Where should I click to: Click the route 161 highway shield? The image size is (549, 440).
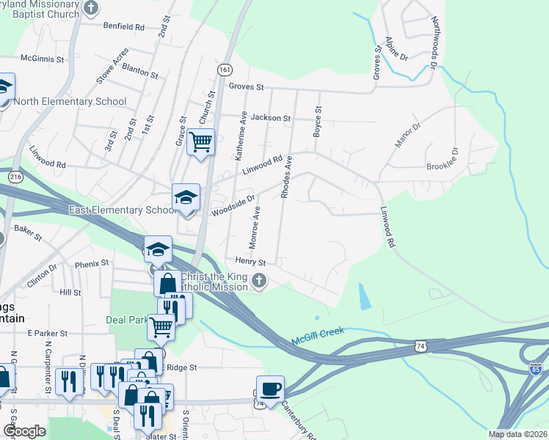(225, 68)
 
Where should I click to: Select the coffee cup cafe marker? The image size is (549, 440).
(269, 389)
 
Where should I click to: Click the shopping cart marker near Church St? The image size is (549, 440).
(200, 142)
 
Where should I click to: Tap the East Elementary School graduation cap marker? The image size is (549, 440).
(186, 198)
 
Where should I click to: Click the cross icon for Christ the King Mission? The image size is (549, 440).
(258, 281)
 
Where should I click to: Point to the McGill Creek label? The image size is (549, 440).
(317, 336)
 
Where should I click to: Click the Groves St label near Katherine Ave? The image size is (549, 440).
(246, 87)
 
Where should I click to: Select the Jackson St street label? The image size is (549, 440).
(271, 117)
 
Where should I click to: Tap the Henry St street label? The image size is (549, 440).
(250, 261)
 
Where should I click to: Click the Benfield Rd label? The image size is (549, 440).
(124, 26)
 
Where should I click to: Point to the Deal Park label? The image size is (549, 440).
(129, 320)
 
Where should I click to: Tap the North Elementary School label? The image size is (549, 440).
(70, 102)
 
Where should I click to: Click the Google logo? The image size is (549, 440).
(25, 431)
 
